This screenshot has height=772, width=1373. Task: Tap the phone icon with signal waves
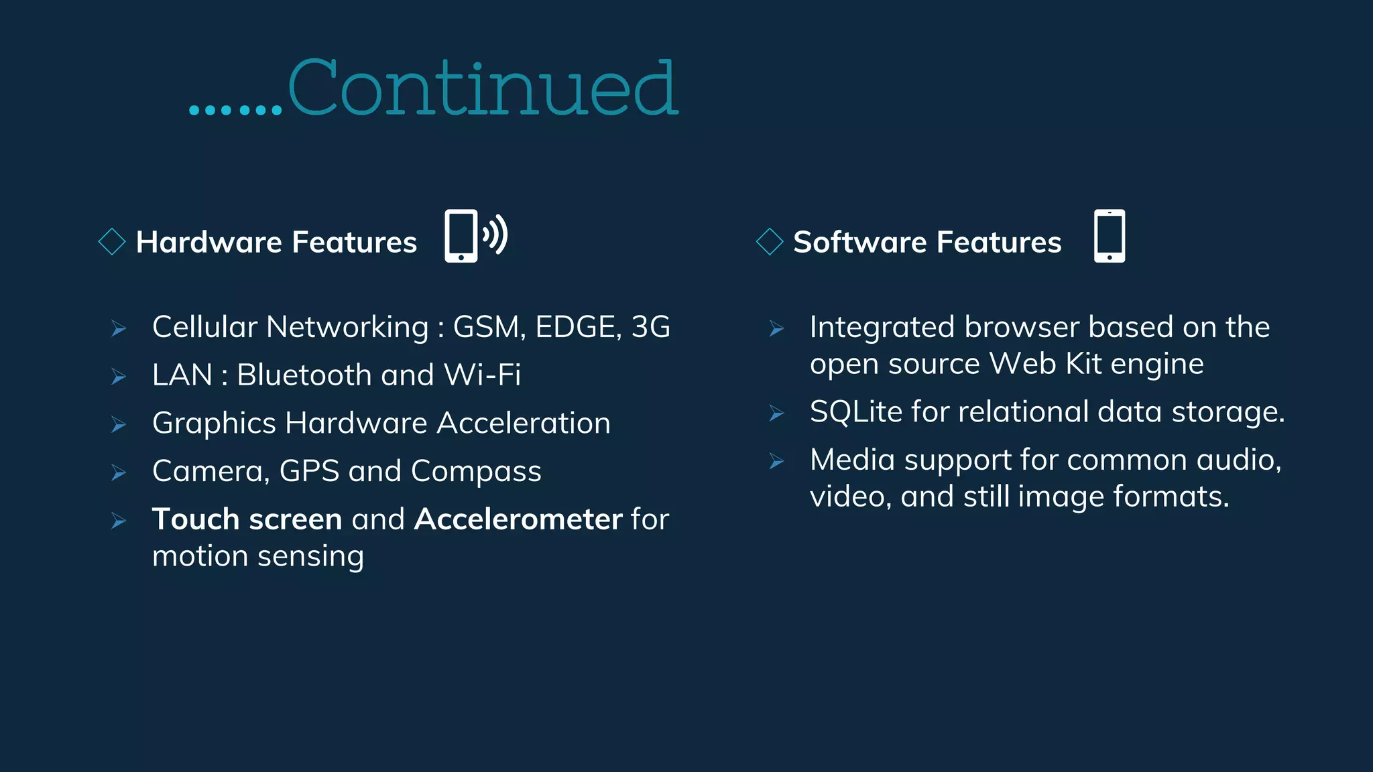coord(475,236)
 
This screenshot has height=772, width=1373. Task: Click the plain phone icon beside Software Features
coord(1110,236)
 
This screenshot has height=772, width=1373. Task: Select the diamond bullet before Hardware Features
coord(112,242)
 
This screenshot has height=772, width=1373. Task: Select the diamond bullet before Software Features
coord(770,242)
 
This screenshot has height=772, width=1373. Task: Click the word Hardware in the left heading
coord(208,242)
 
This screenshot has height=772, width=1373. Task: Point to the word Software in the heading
coord(859,242)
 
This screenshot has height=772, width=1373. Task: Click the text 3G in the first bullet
coord(650,327)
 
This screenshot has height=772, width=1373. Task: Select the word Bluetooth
coord(304,375)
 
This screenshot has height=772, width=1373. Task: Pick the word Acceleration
coord(524,423)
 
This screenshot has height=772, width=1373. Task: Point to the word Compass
coord(476,471)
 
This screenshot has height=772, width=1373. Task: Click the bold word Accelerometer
coord(518,519)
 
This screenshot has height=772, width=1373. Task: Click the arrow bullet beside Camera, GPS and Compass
coord(119,473)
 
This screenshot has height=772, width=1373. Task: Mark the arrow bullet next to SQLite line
coord(776,413)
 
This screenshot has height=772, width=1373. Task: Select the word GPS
coord(309,471)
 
